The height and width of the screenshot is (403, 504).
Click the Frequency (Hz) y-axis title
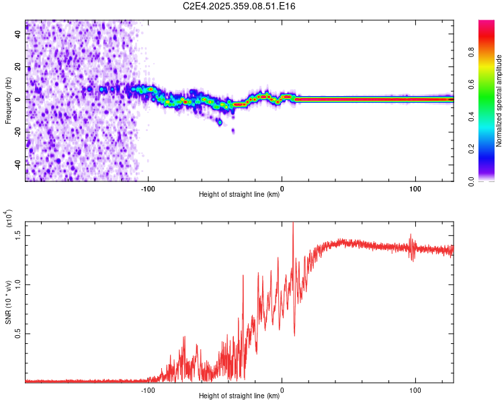coord(9,100)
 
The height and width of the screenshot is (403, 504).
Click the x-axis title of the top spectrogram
coord(239,195)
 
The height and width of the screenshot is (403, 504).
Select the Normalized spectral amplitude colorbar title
coord(499,101)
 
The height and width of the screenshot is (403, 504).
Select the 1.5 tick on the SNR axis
coord(19,234)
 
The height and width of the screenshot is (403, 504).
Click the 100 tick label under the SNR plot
coord(415,390)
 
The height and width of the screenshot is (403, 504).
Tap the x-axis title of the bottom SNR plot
coord(239,396)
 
